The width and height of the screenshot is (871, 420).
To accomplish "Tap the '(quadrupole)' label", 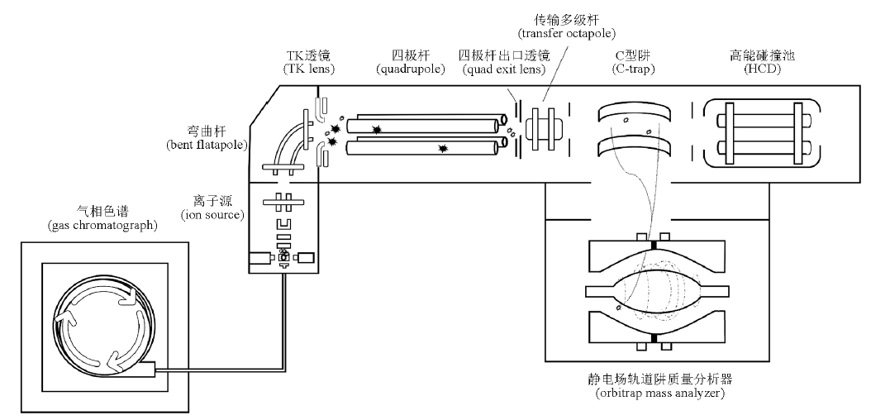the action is [411, 69].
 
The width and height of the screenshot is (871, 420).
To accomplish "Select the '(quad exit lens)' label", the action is [504, 69].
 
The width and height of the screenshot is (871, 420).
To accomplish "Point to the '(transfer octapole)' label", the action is [567, 34].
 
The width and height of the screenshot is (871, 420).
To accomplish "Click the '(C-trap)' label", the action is [633, 69].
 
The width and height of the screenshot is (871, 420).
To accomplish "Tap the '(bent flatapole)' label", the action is [207, 145].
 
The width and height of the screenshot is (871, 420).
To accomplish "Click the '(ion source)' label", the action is [212, 214].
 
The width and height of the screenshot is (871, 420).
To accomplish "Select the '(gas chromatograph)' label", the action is [102, 226].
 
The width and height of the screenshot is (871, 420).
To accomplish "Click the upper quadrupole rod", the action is [426, 124].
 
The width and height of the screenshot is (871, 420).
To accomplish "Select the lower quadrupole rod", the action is [426, 147].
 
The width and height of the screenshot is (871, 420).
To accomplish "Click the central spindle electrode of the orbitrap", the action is [656, 292].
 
